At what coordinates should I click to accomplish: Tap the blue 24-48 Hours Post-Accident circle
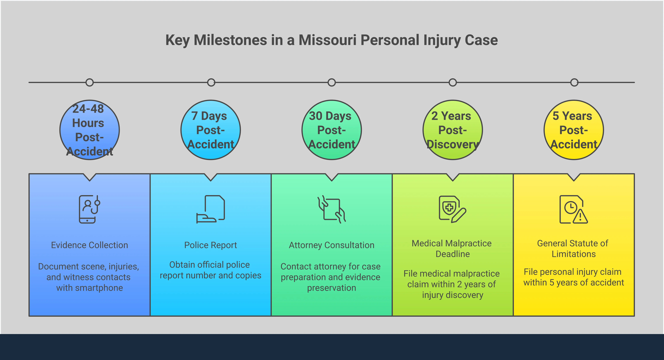89,130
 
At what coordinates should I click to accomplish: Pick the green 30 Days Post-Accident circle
332,130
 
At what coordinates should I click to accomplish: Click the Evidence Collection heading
89,245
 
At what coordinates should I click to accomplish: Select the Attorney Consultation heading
332,245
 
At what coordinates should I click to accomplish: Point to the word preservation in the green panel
332,288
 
